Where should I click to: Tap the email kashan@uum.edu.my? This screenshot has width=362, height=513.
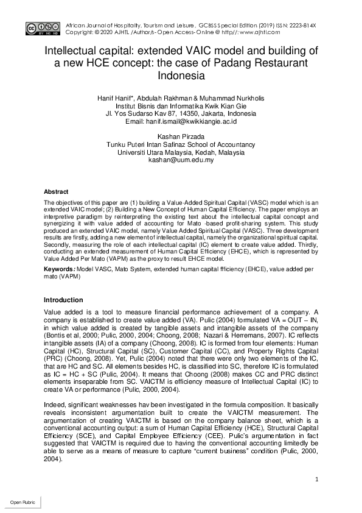click(x=181, y=161)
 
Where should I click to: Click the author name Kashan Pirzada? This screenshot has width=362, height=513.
click(x=181, y=136)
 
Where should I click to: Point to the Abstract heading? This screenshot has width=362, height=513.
click(x=57, y=191)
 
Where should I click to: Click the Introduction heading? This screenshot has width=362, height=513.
click(x=63, y=300)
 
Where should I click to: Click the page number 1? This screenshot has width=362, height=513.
click(x=317, y=479)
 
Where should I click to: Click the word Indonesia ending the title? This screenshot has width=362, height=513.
click(x=181, y=76)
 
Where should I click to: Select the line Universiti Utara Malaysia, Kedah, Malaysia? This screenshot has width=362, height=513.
click(x=181, y=152)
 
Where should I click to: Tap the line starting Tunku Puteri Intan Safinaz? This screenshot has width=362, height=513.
click(x=181, y=144)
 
